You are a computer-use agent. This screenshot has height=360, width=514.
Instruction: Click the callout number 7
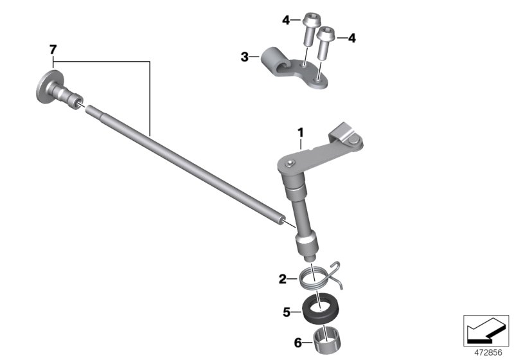pos(53,50)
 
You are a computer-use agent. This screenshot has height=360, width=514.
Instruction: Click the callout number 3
pos(245,57)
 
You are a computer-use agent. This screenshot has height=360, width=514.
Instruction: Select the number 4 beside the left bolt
pos(286,21)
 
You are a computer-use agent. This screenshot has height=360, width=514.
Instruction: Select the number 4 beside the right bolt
pos(351,39)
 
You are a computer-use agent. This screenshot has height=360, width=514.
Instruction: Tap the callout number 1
pos(300,133)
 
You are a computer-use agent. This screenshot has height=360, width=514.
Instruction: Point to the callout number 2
pos(283,280)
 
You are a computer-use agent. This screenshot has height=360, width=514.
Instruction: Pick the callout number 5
pos(287,312)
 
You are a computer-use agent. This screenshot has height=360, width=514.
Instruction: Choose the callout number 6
pos(297,343)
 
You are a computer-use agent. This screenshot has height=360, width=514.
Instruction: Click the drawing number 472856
pos(488,353)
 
